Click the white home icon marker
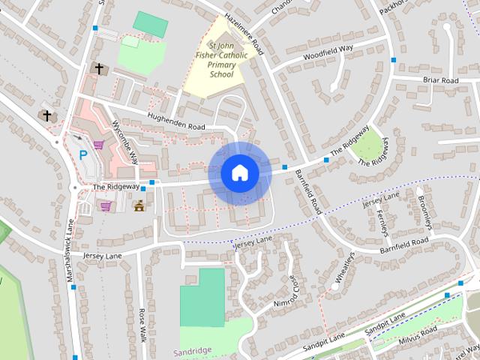(239, 173)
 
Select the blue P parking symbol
(83, 155)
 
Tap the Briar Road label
(440, 80)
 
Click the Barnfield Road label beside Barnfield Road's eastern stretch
(403, 245)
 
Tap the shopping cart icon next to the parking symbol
(98, 145)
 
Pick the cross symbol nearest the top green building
(97, 68)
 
